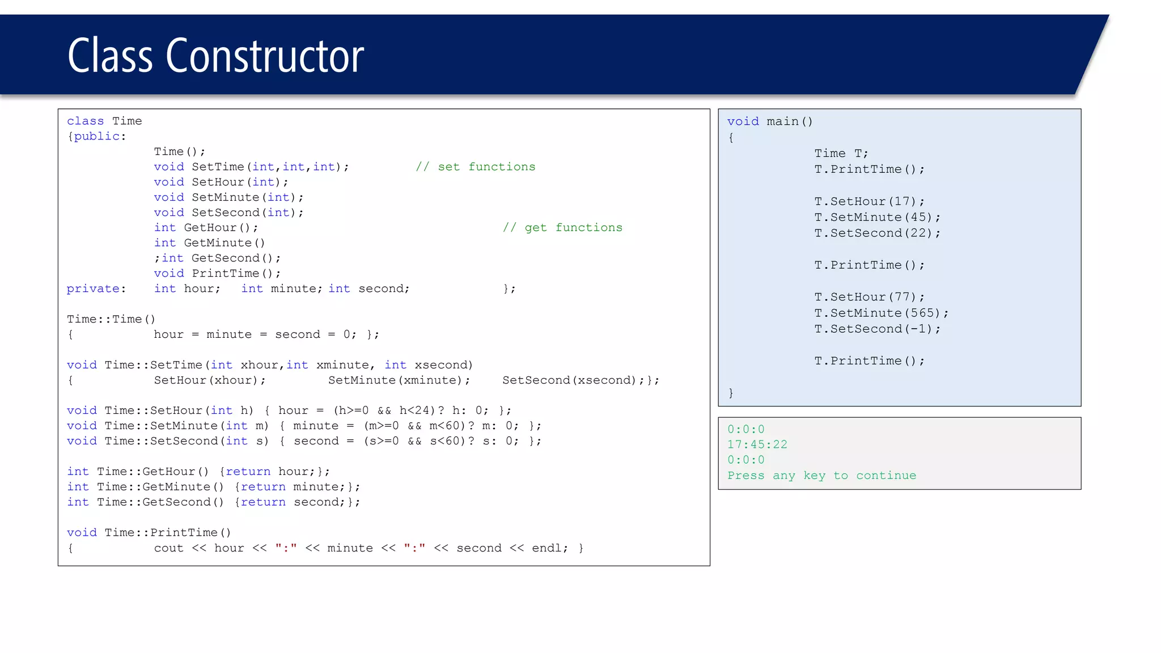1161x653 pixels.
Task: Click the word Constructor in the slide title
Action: tap(265, 56)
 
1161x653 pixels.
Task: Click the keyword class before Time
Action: tap(86, 121)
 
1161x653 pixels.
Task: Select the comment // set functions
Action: tap(475, 167)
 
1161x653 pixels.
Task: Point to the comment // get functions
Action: tap(562, 227)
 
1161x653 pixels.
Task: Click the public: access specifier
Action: tap(100, 137)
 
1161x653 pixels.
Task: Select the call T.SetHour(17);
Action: tap(869, 202)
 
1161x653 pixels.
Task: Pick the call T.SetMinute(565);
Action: tap(881, 313)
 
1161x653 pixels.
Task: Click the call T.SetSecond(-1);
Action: tap(877, 329)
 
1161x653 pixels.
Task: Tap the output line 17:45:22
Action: tap(757, 444)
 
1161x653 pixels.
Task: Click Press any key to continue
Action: tap(821, 476)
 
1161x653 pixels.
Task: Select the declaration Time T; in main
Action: tap(841, 154)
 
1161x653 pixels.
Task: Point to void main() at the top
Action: tap(770, 121)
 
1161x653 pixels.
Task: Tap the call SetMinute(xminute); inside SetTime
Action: tap(399, 380)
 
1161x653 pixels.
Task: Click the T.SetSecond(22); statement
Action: tap(877, 233)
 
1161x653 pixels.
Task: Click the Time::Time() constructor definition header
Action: tap(111, 319)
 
